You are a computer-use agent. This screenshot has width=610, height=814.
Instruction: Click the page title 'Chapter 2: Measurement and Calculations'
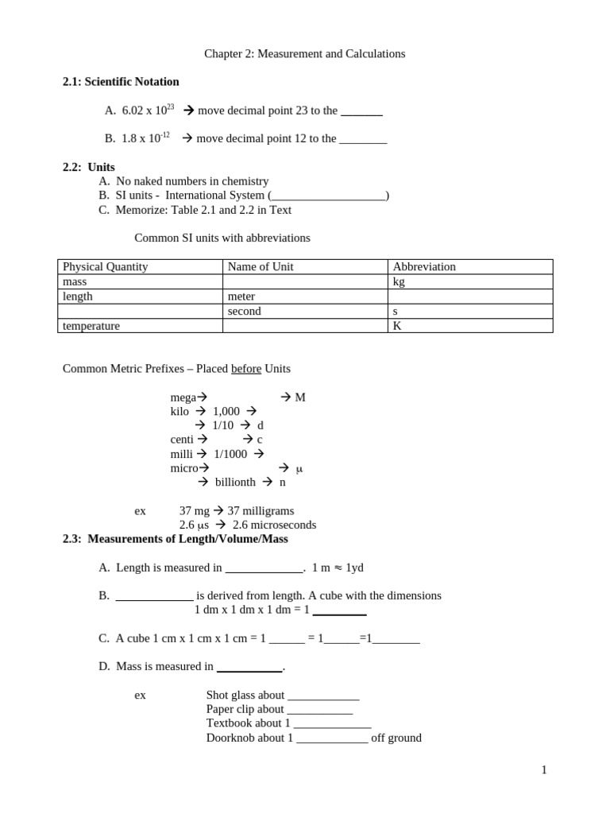(304, 54)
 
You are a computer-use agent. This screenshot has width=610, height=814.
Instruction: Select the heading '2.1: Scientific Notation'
(121, 82)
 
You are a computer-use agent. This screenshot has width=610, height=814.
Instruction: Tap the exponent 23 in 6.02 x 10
(170, 107)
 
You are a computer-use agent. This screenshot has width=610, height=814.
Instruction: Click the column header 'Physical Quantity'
(105, 267)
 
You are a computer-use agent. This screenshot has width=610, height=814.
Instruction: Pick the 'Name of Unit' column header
(261, 267)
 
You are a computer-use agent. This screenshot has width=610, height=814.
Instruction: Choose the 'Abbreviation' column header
(424, 267)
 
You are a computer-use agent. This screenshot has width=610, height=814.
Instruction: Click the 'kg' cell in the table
(399, 281)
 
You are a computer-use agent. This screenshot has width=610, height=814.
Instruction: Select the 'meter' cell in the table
(241, 297)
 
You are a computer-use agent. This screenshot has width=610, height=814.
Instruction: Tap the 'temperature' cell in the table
(91, 326)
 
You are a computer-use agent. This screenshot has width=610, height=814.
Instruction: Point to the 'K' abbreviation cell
(397, 326)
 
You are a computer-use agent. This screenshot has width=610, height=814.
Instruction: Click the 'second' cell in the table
(244, 312)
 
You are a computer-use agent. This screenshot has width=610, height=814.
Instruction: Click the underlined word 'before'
(246, 369)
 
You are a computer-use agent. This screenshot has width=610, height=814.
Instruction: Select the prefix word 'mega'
(183, 397)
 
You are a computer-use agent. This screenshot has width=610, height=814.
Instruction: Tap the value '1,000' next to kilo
(226, 412)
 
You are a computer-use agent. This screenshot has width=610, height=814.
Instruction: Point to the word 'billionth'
(235, 483)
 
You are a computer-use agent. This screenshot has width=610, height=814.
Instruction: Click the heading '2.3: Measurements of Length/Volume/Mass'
(176, 539)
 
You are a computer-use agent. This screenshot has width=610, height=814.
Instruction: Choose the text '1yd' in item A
(354, 568)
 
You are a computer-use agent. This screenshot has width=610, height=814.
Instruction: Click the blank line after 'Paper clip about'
(319, 709)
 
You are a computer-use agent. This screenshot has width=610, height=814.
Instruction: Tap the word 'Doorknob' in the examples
(230, 738)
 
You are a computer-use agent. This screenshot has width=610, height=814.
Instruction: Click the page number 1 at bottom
(544, 769)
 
